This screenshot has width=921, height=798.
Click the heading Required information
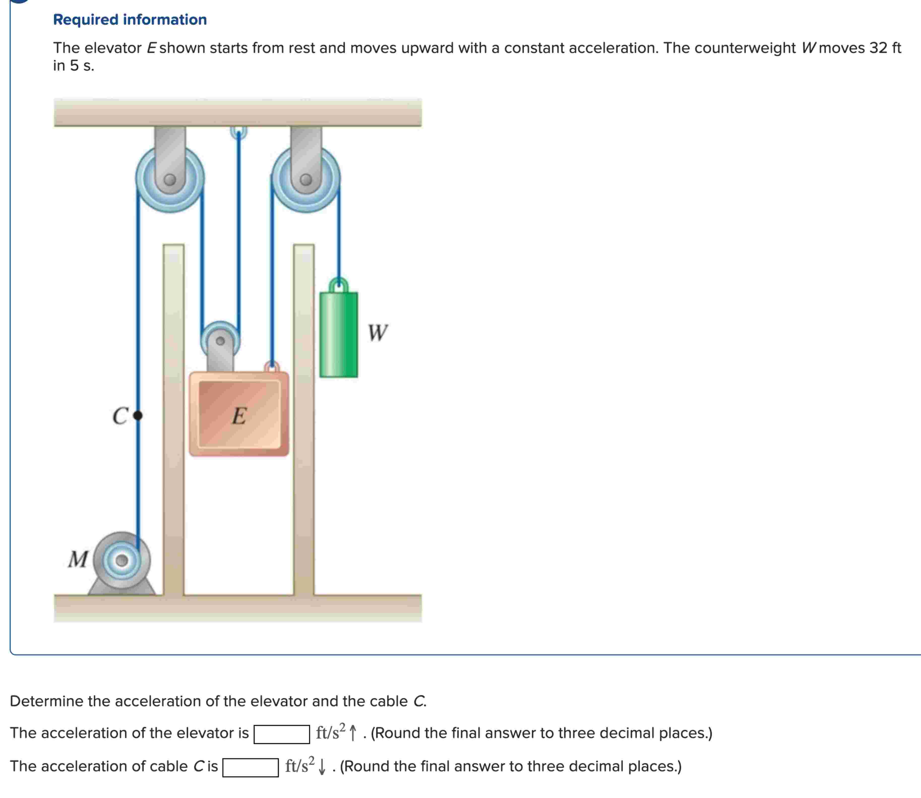(x=130, y=20)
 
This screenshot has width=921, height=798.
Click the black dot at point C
(x=138, y=415)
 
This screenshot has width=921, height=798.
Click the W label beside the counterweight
(x=378, y=333)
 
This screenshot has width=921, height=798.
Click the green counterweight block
(x=339, y=335)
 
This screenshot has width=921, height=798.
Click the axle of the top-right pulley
(x=306, y=180)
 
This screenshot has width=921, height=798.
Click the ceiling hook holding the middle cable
(x=239, y=132)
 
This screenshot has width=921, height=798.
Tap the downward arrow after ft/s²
(x=322, y=767)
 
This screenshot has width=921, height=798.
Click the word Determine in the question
(x=46, y=701)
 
